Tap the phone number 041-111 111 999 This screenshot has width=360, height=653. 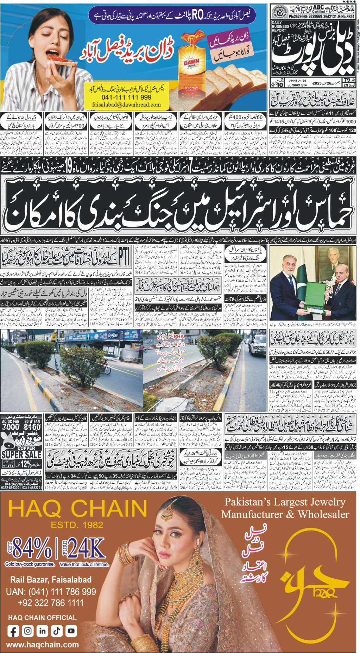tap(121, 98)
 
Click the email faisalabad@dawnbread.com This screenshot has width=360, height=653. tap(121, 105)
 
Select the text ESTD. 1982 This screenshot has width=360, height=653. tap(77, 525)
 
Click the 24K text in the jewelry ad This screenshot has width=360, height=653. tap(86, 548)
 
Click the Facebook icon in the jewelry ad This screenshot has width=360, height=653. tap(13, 631)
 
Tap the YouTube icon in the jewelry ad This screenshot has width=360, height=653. tap(71, 631)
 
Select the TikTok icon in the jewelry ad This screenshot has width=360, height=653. tap(57, 631)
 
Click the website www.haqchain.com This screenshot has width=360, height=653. tap(43, 645)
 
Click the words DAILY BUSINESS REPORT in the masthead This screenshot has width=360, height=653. tap(280, 26)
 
